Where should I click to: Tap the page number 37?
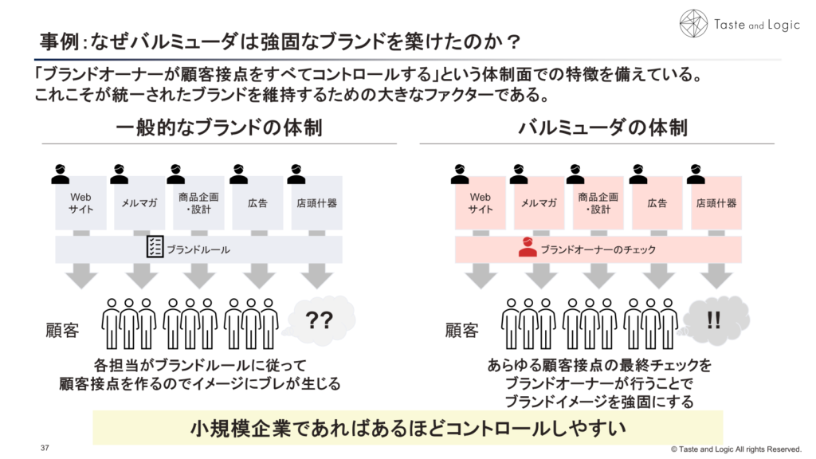click(x=45, y=448)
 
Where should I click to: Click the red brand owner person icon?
click(x=528, y=248)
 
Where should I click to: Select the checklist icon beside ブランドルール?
click(x=155, y=248)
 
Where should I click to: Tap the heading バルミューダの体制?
click(x=602, y=127)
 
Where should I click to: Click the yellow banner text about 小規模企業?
click(x=407, y=428)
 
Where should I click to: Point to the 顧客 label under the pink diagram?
click(x=462, y=330)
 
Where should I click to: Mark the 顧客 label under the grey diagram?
click(x=62, y=330)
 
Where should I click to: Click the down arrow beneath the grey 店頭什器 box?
click(x=317, y=276)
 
